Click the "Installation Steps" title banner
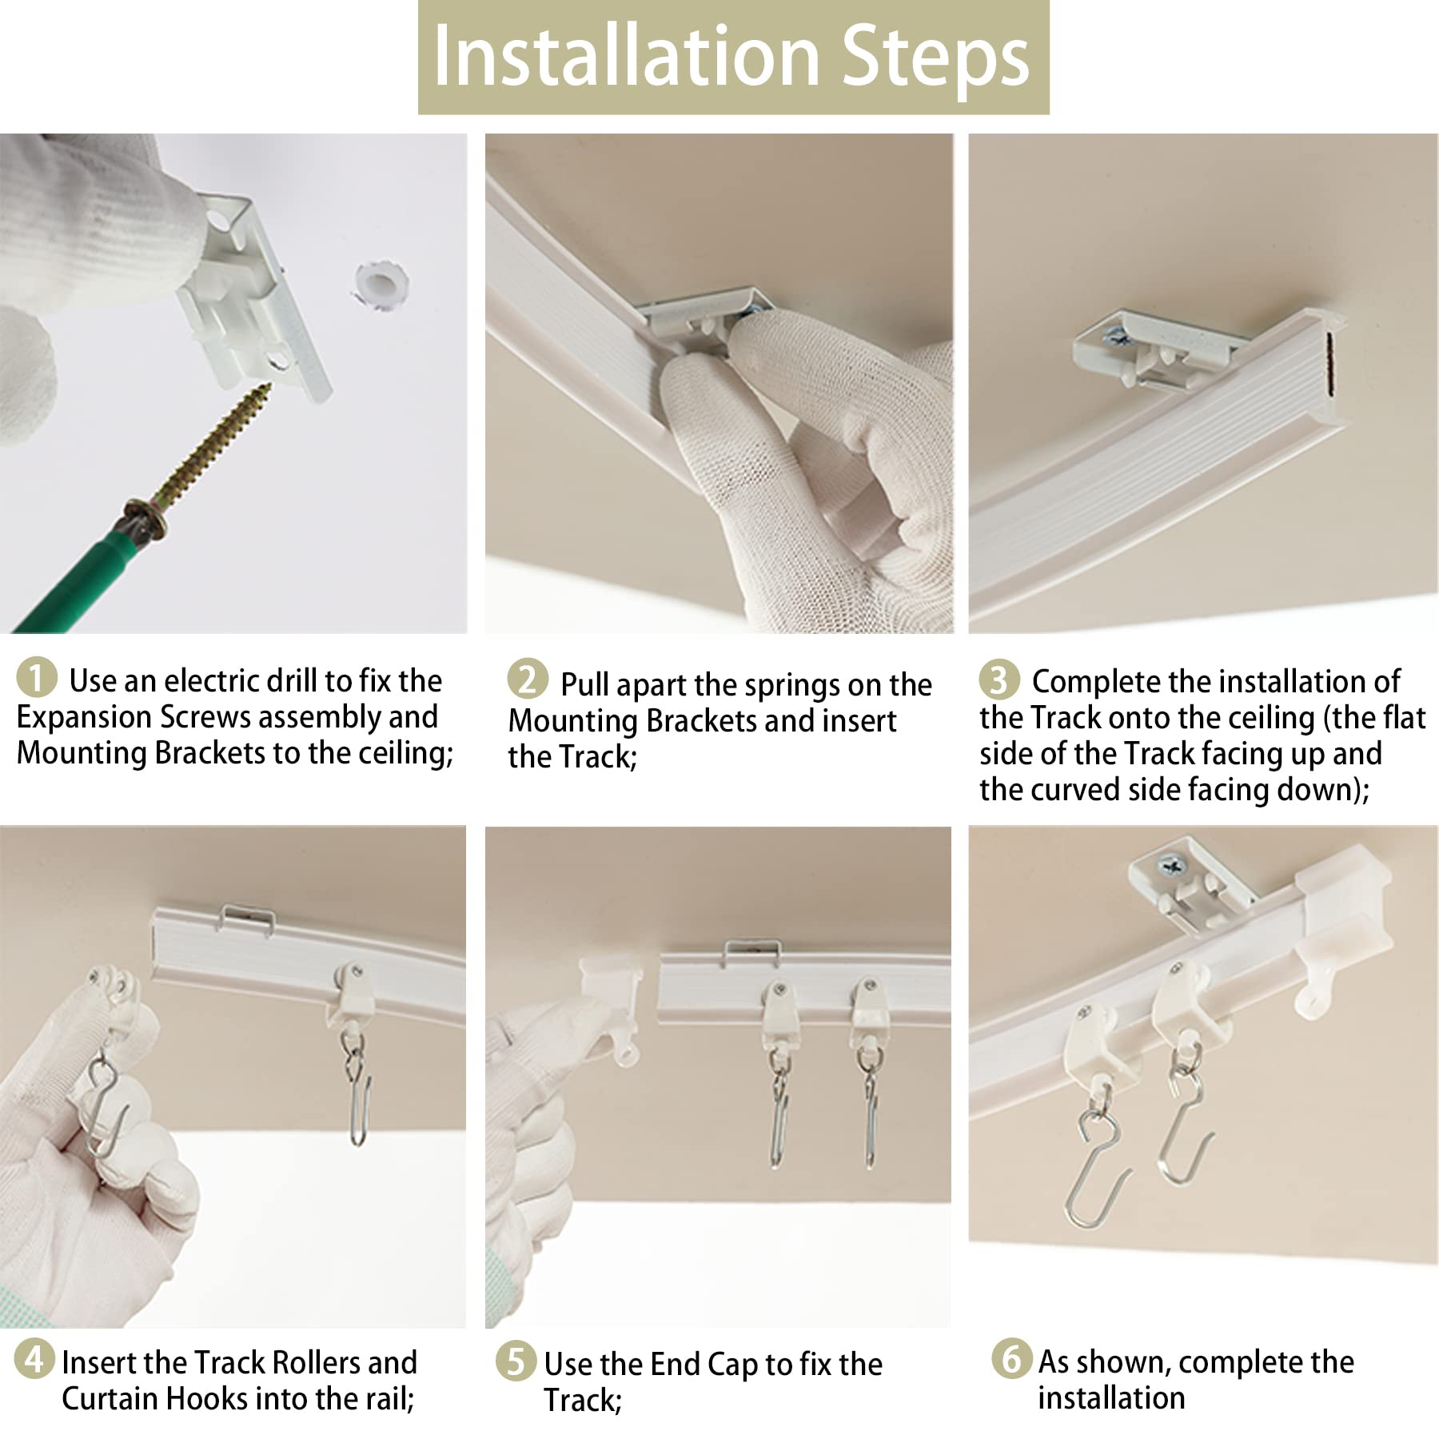coord(733,58)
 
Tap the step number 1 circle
coord(36,677)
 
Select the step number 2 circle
coord(528,680)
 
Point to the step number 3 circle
coord(999,680)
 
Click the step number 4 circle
coord(34,1358)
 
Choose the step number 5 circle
coord(516,1361)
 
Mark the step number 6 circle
coord(1011,1358)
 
